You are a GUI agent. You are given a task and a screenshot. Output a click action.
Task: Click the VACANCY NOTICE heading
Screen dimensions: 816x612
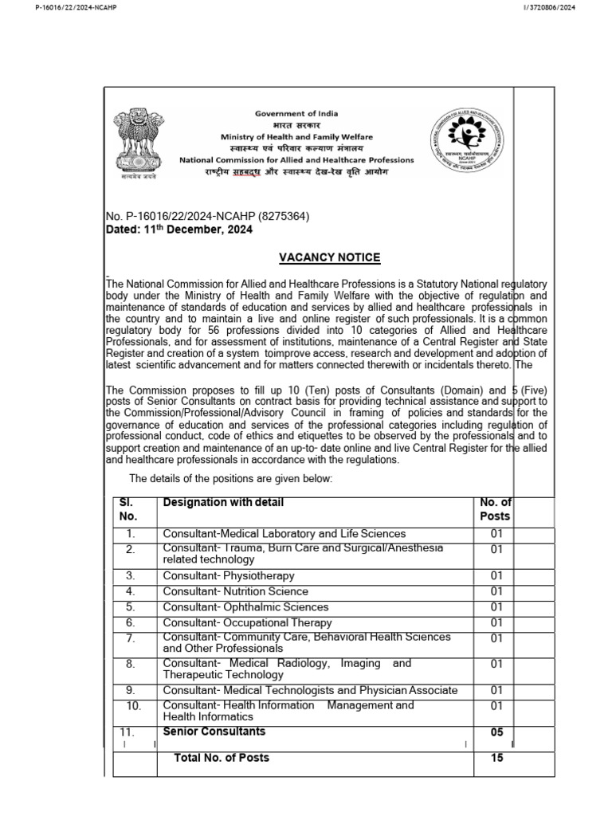pyautogui.click(x=329, y=257)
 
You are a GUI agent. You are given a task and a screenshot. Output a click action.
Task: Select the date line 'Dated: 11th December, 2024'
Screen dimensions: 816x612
pyautogui.click(x=179, y=230)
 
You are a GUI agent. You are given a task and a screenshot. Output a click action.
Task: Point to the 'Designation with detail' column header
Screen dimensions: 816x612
pyautogui.click(x=223, y=503)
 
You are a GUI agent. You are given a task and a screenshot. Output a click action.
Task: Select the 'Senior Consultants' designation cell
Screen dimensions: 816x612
pyautogui.click(x=214, y=732)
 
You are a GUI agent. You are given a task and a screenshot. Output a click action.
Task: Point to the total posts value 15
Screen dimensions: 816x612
pyautogui.click(x=497, y=759)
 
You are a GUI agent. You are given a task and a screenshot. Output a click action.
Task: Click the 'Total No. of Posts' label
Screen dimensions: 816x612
pyautogui.click(x=222, y=758)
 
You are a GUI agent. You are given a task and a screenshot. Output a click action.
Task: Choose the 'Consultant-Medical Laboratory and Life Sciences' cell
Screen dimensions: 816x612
pyautogui.click(x=284, y=534)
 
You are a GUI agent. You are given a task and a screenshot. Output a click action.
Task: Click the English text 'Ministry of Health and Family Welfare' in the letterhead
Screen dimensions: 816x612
pyautogui.click(x=296, y=137)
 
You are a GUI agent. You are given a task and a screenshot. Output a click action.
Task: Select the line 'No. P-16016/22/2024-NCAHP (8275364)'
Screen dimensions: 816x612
pyautogui.click(x=207, y=217)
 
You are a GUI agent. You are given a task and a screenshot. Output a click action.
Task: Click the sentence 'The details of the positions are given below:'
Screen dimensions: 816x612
pyautogui.click(x=229, y=478)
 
